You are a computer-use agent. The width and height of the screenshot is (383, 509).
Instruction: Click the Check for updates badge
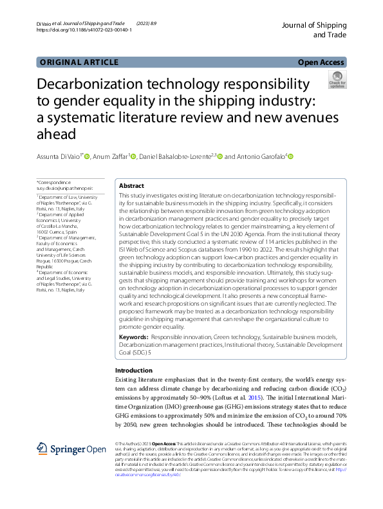point(337,80)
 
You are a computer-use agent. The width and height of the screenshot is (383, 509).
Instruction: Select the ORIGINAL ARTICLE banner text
point(79,62)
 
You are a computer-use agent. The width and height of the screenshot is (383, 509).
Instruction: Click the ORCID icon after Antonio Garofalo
point(290,156)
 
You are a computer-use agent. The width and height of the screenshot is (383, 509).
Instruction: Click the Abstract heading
point(132,185)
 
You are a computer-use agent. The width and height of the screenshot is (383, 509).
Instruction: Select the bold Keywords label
point(134,337)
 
